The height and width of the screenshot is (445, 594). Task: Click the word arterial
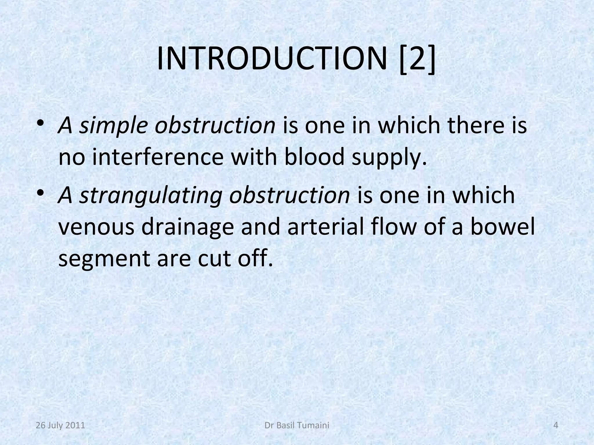[x=326, y=227]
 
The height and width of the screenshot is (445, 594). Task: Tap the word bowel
[x=502, y=227]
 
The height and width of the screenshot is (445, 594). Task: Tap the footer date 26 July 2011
[x=60, y=425]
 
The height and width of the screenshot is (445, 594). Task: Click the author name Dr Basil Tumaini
[x=297, y=425]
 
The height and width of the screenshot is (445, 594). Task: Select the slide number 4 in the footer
[x=556, y=425]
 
